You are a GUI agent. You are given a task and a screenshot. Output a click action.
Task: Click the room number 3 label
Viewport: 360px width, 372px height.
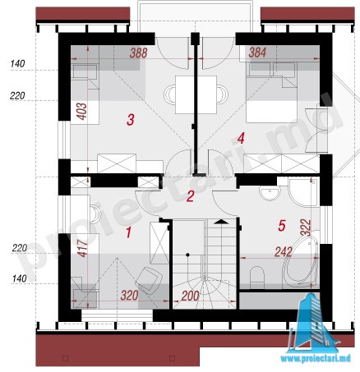point(131,120)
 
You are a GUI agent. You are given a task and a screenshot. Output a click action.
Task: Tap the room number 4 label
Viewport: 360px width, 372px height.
point(241,138)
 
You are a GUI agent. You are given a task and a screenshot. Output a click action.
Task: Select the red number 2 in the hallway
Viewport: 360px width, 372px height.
point(190,196)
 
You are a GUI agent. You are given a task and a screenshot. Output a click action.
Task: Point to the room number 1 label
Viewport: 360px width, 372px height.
point(128,232)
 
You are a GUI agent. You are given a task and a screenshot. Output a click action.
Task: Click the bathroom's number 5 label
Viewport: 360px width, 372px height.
point(282,226)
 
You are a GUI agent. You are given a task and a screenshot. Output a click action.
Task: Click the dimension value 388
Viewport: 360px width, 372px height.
point(139,53)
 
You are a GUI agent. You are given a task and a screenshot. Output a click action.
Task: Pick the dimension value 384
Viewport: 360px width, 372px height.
point(257,52)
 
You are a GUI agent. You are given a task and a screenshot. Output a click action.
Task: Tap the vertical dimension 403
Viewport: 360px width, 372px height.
point(81,112)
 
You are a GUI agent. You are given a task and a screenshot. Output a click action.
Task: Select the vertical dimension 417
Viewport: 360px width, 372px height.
point(82,248)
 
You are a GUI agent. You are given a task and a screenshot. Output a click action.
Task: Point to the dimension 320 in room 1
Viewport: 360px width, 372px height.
point(129,296)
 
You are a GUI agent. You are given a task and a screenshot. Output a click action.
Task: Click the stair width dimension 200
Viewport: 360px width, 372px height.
point(190,296)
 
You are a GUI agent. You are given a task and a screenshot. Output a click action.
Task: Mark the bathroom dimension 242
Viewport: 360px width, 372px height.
point(284,252)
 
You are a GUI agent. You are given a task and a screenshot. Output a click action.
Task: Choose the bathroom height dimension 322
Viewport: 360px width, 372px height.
point(306,227)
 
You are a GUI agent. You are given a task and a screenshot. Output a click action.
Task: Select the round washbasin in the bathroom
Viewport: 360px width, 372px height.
point(270,193)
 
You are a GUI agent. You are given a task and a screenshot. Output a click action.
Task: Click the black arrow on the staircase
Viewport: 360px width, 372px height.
point(221,222)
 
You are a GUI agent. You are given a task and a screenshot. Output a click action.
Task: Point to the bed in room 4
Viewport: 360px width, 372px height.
point(271,92)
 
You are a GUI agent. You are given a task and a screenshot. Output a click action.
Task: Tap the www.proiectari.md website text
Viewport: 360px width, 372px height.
point(316,359)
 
